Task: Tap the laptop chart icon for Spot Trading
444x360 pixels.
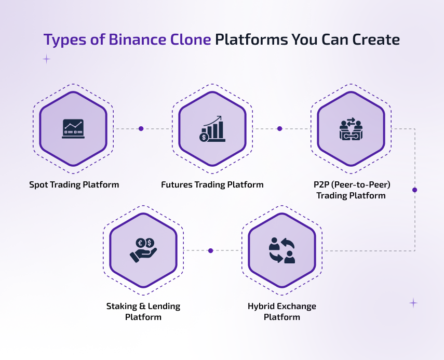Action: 73,128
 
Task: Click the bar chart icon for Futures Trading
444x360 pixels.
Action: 212,129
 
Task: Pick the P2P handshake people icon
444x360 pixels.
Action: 351,129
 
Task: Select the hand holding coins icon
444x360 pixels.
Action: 143,250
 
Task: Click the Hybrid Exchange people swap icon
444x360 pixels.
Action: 282,250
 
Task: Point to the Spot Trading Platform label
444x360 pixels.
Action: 74,184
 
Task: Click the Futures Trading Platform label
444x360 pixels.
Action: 212,184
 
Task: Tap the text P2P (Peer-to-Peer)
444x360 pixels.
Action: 351,184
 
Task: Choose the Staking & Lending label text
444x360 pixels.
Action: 143,306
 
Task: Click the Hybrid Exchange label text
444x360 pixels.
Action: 281,306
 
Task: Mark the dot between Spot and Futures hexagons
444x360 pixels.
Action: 141,128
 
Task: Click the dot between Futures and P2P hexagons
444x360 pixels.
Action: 279,128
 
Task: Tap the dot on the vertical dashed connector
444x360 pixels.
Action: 414,190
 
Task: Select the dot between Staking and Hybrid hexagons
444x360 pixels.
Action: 210,250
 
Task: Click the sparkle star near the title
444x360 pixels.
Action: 46,59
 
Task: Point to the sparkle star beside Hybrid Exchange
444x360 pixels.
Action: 413,303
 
